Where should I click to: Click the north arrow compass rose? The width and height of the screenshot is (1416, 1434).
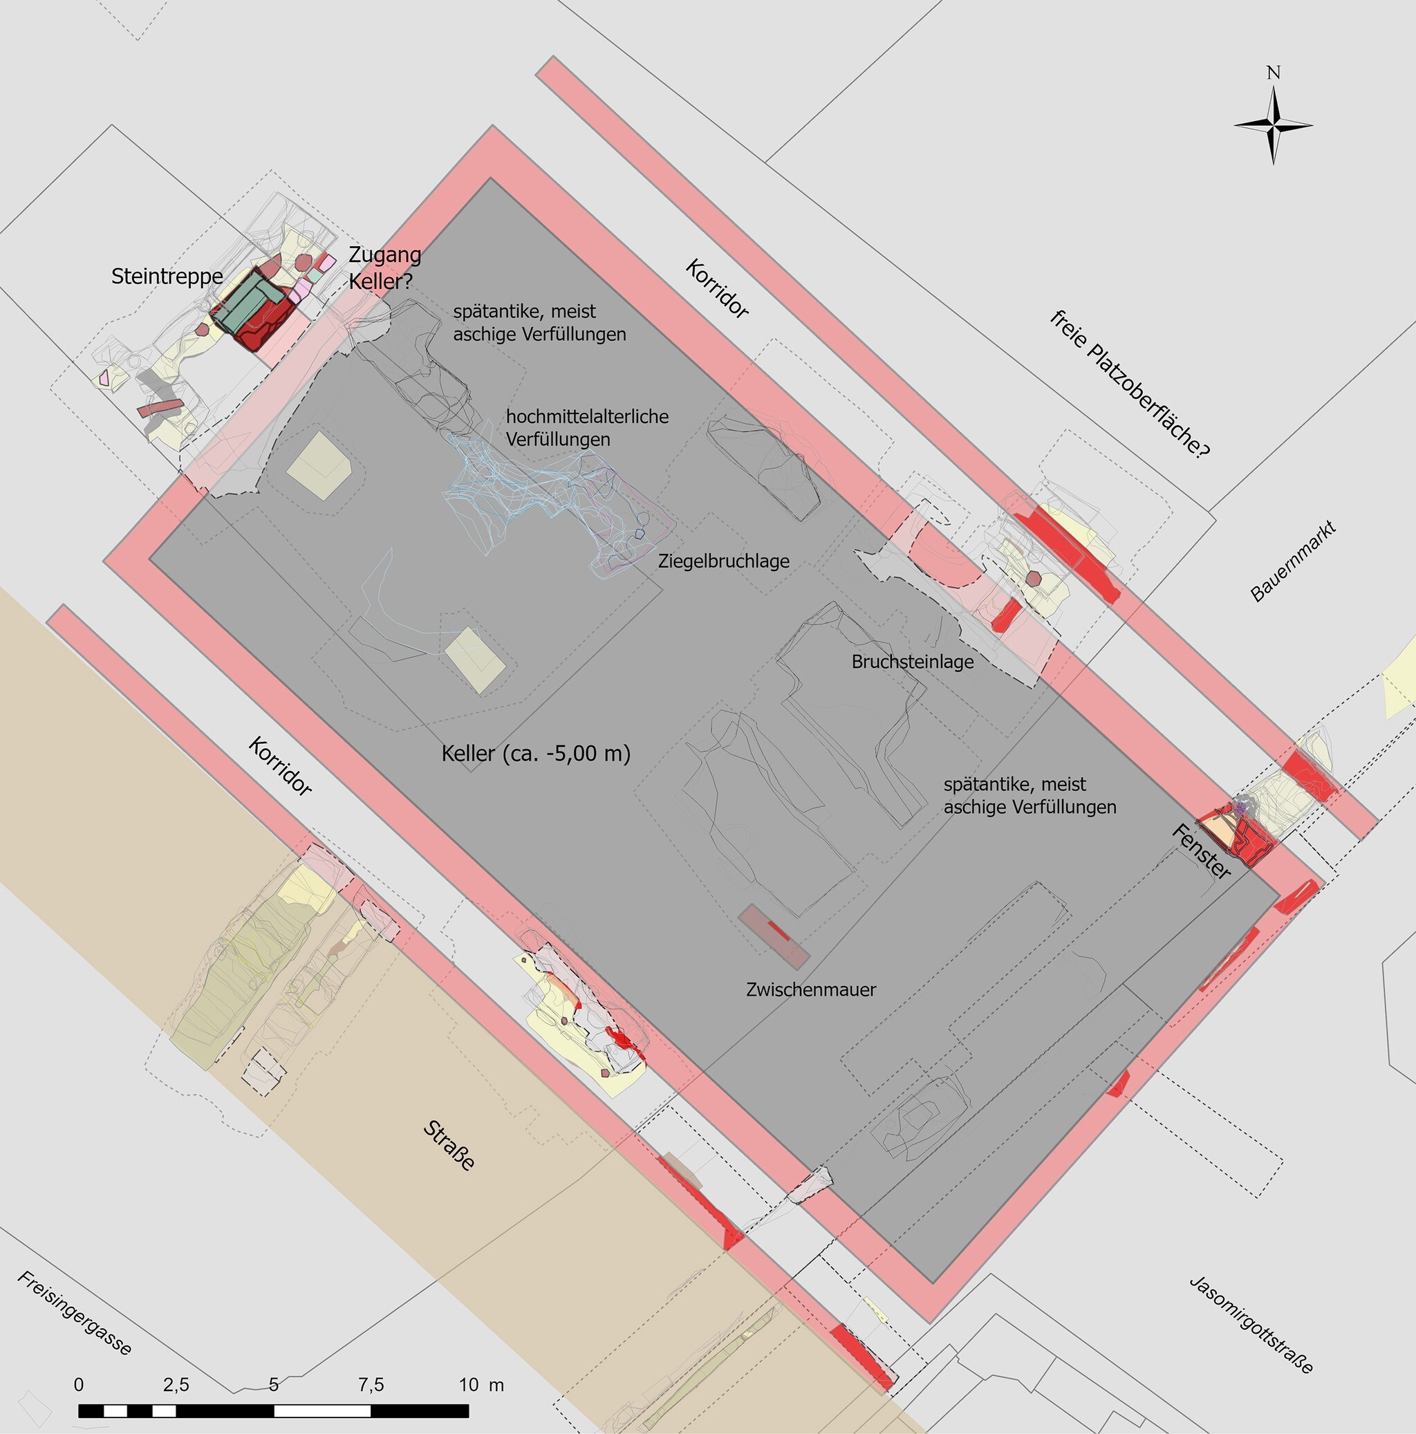tap(1274, 125)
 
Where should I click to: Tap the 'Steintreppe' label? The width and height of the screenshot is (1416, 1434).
tap(167, 277)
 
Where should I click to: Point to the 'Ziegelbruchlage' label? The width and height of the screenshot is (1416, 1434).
tap(724, 561)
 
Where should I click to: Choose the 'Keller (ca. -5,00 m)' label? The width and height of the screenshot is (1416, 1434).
tap(536, 754)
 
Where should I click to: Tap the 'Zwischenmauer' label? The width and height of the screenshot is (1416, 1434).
tap(811, 989)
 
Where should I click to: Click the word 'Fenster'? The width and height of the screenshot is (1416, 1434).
tap(1201, 852)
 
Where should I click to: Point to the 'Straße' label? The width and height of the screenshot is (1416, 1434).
tap(448, 1147)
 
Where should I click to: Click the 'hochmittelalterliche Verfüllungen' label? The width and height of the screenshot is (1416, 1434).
tap(587, 427)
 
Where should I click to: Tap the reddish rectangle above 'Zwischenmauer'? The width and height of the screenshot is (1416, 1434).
tap(772, 937)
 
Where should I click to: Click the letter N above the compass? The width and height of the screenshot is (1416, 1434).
tap(1274, 73)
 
